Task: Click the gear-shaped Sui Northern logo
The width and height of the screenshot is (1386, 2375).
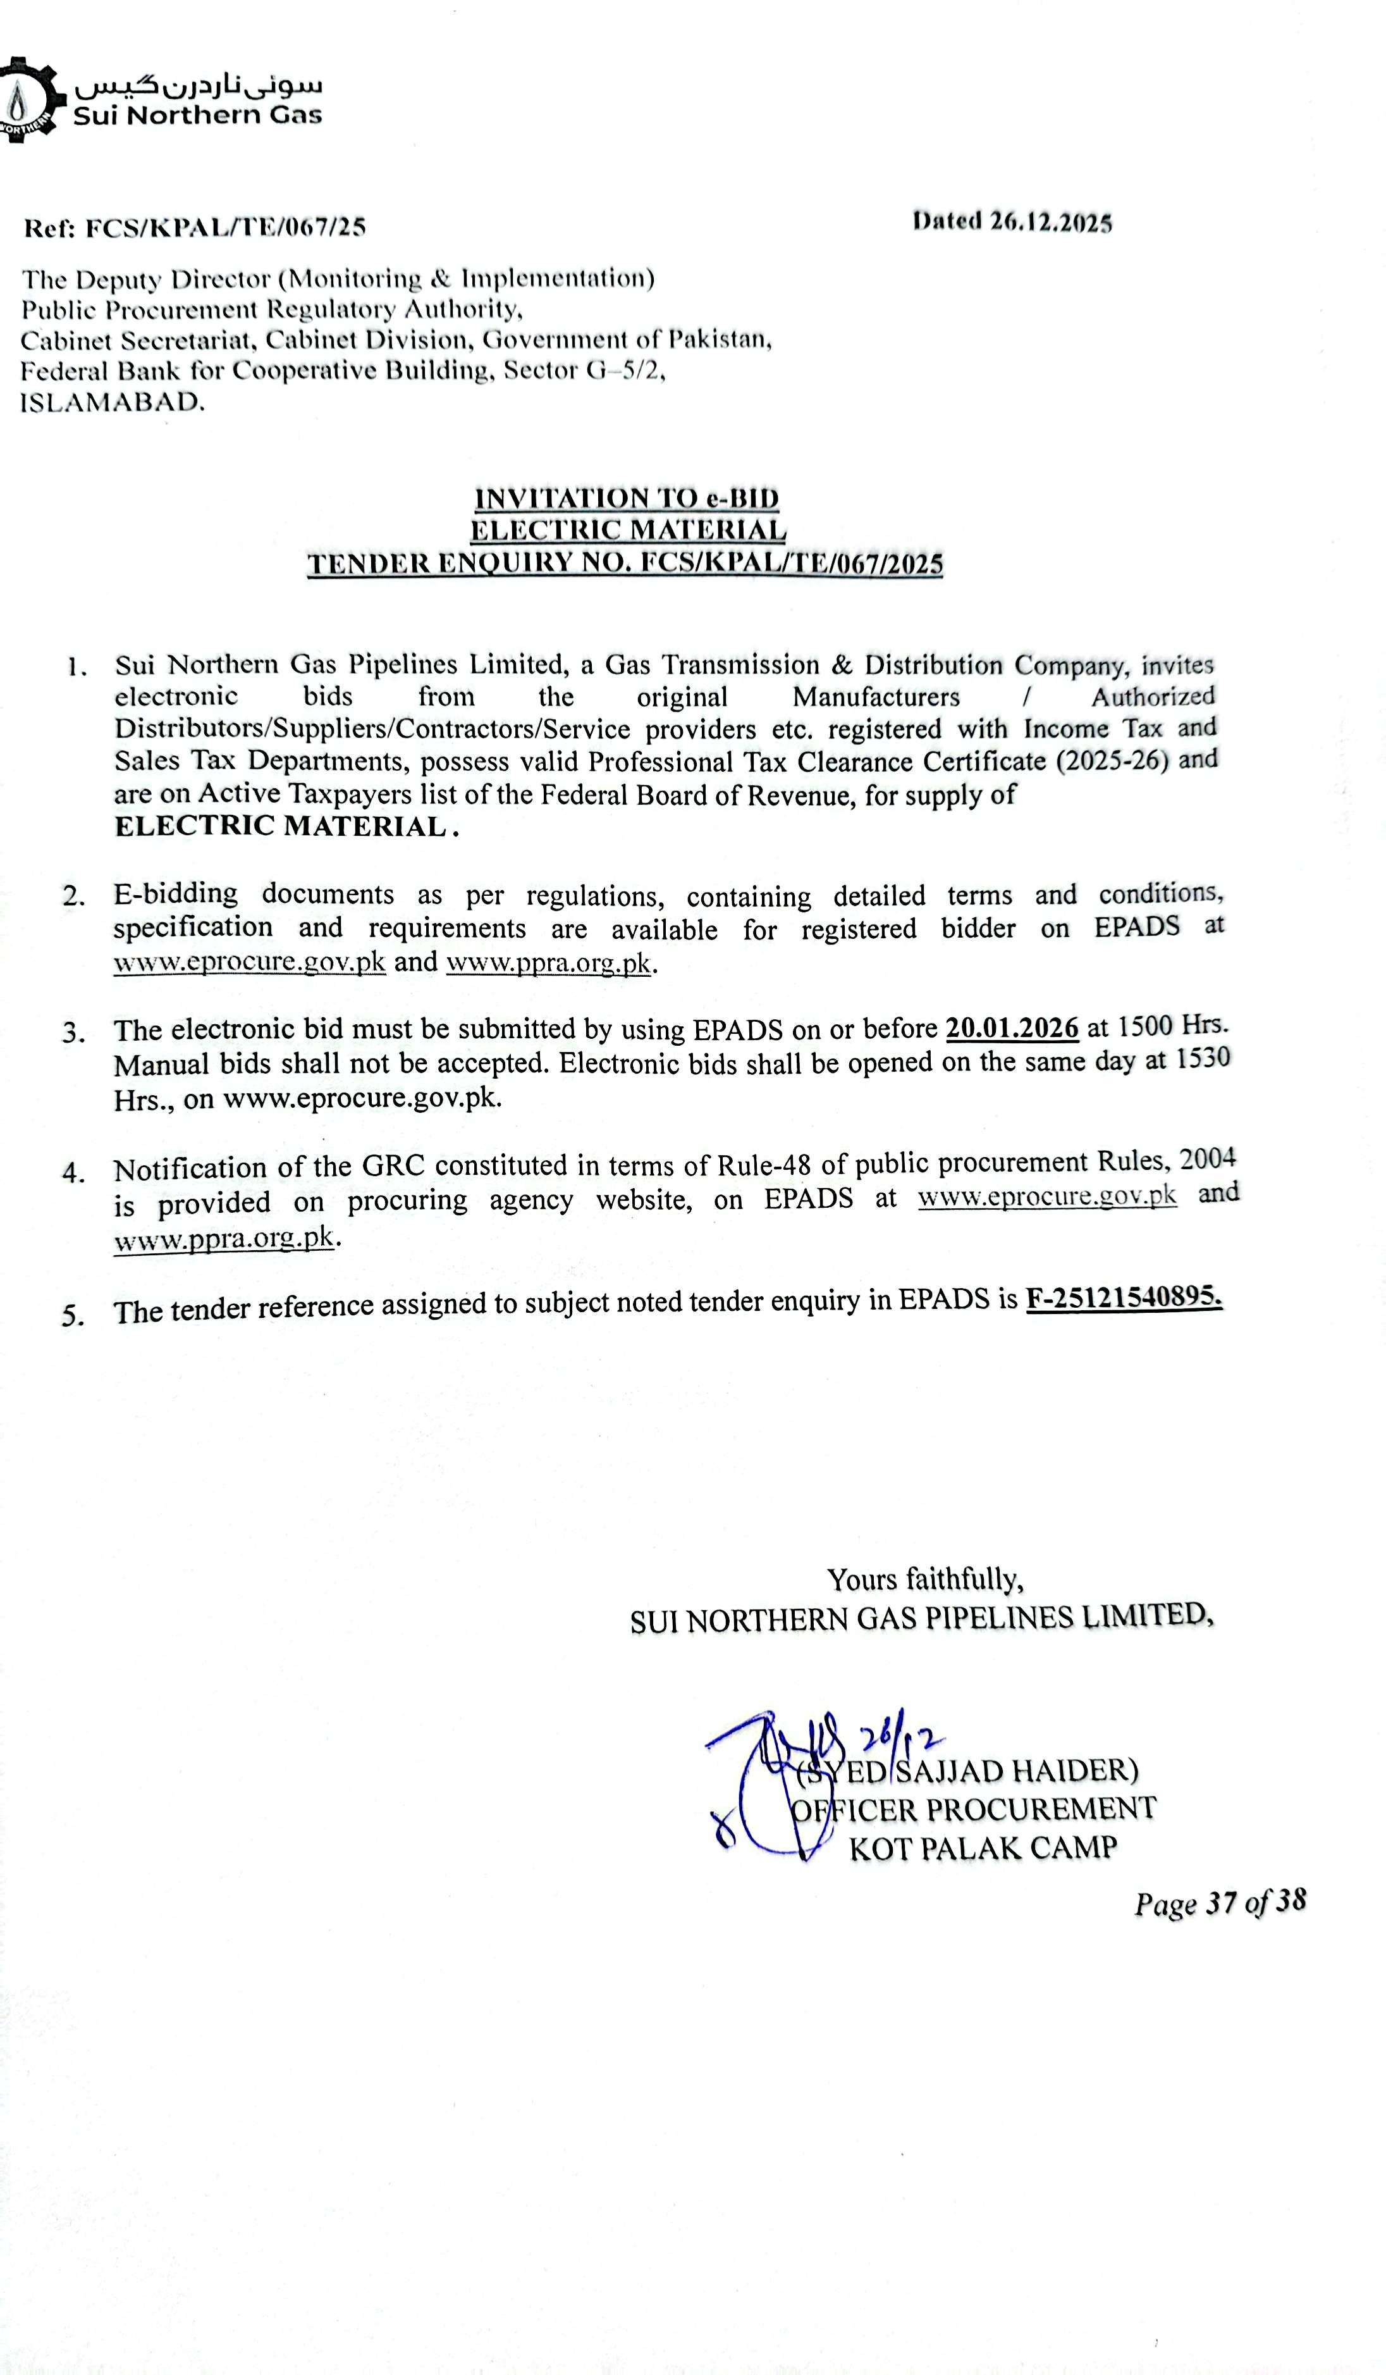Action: [x=28, y=100]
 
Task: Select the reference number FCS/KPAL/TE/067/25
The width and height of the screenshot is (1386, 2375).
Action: [x=225, y=227]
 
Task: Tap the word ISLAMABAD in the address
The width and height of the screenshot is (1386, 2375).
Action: [x=112, y=402]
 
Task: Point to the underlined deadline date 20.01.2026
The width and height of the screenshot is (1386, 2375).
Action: [x=1011, y=1027]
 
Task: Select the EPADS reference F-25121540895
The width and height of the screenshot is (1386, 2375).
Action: [x=1123, y=1299]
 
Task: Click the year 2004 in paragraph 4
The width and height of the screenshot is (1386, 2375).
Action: [x=1207, y=1158]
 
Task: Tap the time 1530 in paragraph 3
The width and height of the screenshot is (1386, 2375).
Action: [x=1201, y=1058]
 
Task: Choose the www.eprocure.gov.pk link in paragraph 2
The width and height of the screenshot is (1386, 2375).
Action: [x=250, y=962]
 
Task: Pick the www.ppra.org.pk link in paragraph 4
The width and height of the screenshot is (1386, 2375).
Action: [x=224, y=1238]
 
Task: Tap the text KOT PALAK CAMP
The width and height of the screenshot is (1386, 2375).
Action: [x=983, y=1848]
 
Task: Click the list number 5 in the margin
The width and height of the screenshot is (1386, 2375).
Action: [x=73, y=1315]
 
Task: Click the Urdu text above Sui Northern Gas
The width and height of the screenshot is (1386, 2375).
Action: [x=199, y=86]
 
